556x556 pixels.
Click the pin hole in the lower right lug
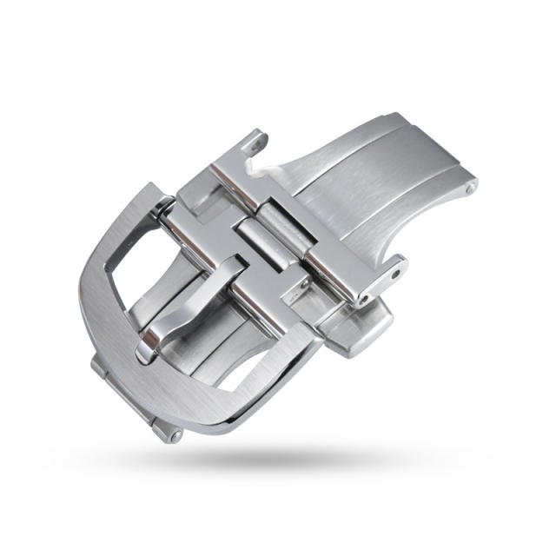(396, 273)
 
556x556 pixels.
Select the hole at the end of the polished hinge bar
(363, 300)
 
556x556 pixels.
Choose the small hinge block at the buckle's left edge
(100, 369)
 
